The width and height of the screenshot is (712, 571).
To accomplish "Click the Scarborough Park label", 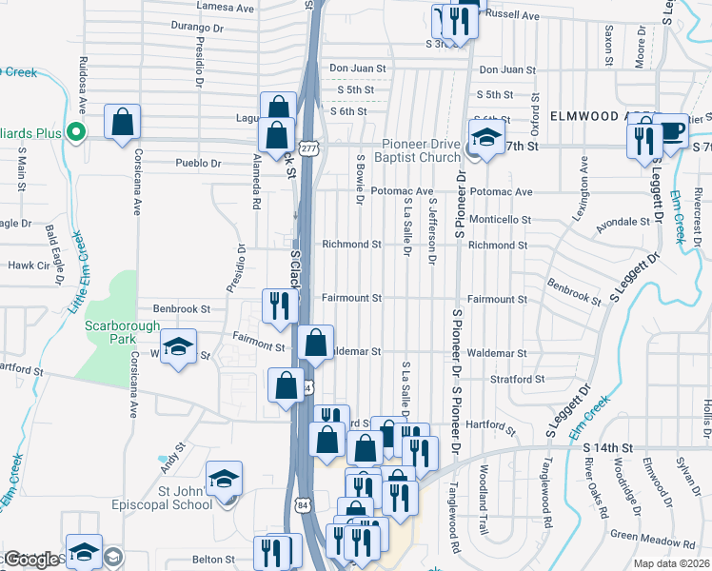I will [119, 332].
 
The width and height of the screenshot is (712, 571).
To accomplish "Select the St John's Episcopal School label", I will [172, 498].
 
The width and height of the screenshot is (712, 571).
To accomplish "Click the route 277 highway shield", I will [307, 148].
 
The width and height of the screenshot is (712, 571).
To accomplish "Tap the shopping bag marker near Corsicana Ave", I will [123, 122].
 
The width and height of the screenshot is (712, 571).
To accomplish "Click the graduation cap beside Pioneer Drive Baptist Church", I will [486, 139].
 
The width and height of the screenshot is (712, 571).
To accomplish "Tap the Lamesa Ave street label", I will [226, 7].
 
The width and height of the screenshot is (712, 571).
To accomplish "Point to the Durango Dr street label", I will [196, 29].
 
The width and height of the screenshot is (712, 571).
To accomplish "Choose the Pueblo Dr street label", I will [198, 163].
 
